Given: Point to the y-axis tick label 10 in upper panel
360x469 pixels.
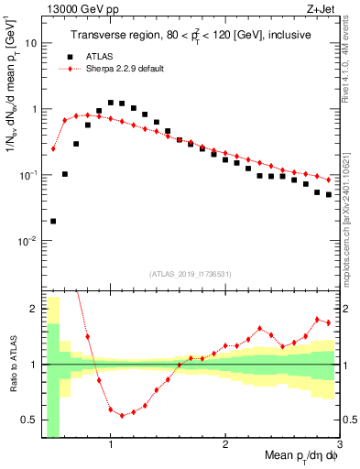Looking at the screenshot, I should tap(32, 43).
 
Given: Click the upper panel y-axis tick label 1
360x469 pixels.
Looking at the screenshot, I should tap(36, 109).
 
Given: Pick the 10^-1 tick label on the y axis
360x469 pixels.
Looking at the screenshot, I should tap(31, 174).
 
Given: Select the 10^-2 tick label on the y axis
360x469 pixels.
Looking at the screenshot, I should tap(31, 240).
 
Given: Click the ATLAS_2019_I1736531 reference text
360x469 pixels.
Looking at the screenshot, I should tap(191, 274).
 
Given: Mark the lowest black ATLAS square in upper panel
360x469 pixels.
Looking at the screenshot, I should tap(53, 221).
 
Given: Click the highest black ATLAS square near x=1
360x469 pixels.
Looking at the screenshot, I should tap(111, 103).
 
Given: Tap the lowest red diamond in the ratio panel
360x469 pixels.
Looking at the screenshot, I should tap(122, 415).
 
